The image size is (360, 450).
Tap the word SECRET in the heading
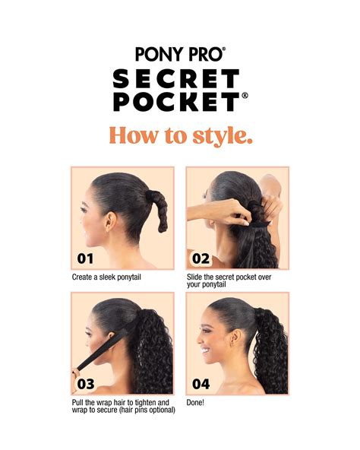[x=176, y=78]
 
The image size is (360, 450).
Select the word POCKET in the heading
[x=177, y=102]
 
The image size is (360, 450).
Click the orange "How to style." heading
[x=181, y=135]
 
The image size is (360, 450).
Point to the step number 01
[x=85, y=258]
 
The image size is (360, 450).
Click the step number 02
[x=201, y=258]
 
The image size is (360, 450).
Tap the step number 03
[x=86, y=384]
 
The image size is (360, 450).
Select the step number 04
[x=201, y=384]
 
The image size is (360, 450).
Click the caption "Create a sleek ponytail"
[x=106, y=277]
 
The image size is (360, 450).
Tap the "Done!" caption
[x=195, y=402]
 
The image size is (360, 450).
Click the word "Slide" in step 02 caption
[x=194, y=277]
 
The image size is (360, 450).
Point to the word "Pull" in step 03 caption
[x=77, y=402]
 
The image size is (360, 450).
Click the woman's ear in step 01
[x=110, y=221]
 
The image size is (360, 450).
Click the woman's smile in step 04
[x=205, y=350]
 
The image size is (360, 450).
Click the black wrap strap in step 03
[x=103, y=350]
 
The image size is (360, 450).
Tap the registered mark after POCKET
[x=245, y=96]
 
